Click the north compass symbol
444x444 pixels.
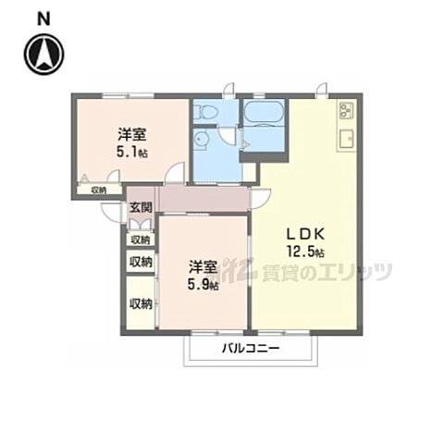click(x=44, y=54)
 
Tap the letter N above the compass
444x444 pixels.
click(x=43, y=19)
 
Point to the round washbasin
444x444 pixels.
click(x=202, y=140)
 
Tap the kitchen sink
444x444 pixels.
click(x=346, y=140)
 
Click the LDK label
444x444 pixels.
click(x=305, y=234)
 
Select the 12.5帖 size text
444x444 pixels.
click(x=305, y=252)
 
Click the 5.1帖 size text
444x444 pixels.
click(x=132, y=152)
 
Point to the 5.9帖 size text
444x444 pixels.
click(x=203, y=284)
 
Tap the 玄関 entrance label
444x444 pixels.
click(x=141, y=207)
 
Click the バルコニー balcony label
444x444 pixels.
click(x=251, y=349)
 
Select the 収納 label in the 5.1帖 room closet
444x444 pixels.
click(x=99, y=191)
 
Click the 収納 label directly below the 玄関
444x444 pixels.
click(x=141, y=240)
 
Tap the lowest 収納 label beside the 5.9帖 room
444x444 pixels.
click(x=141, y=304)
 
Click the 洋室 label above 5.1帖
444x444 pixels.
click(x=132, y=134)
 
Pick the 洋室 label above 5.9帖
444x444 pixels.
click(x=203, y=267)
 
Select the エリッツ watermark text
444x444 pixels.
click(x=354, y=272)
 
